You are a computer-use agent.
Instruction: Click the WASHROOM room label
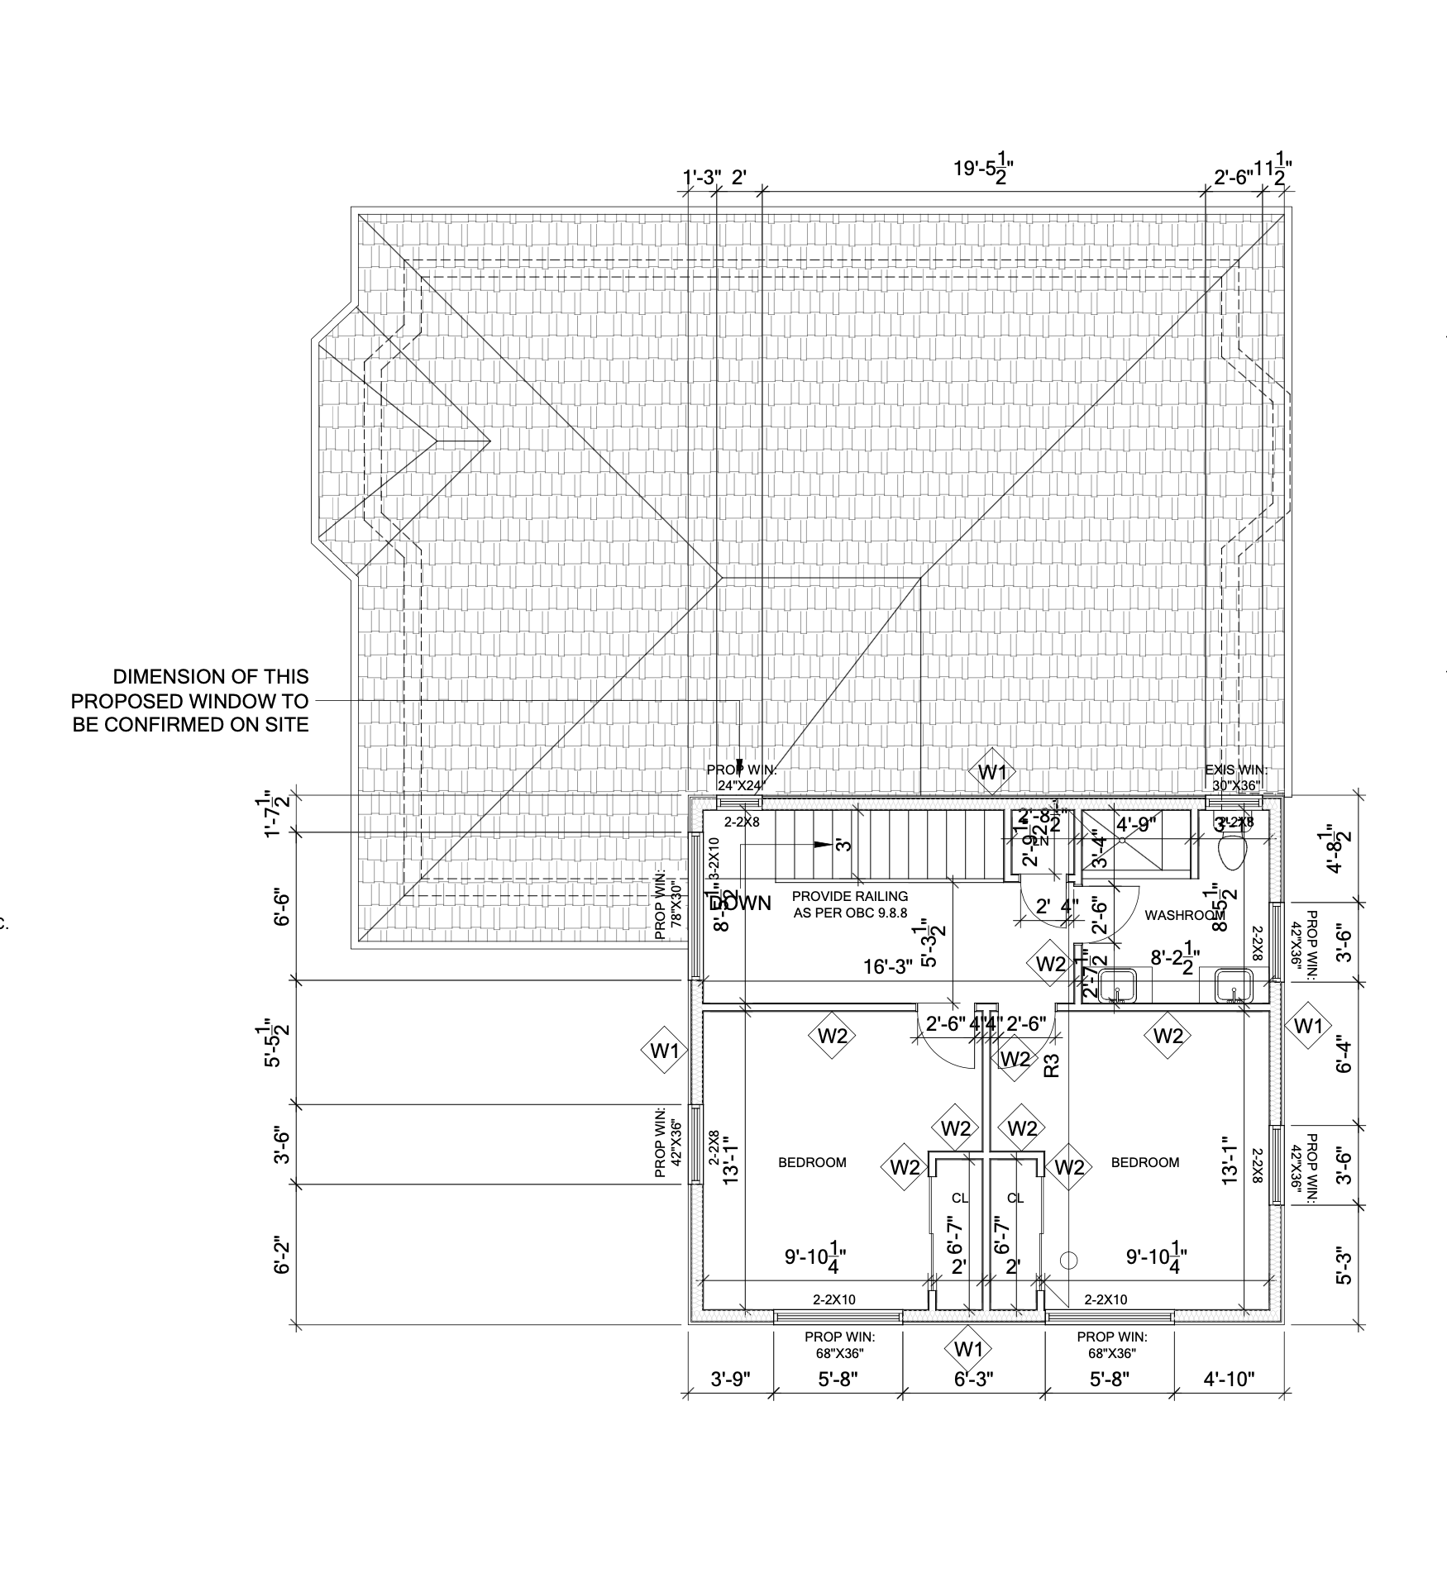(x=1183, y=915)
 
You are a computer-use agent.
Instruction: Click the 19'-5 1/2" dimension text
(x=983, y=169)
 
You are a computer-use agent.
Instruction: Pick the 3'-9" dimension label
(x=731, y=1379)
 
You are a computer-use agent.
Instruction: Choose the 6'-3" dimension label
(x=973, y=1379)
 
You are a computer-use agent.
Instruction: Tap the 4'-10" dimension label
(x=1229, y=1379)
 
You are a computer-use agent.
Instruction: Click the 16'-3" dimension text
(x=888, y=966)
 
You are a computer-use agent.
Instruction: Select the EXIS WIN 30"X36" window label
(x=1236, y=777)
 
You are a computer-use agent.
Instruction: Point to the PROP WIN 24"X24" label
(x=742, y=777)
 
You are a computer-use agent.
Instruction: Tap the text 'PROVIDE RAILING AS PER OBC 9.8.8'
(x=850, y=904)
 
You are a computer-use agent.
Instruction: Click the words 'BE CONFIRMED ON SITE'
(x=190, y=725)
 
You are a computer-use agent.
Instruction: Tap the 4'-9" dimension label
(x=1136, y=824)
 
